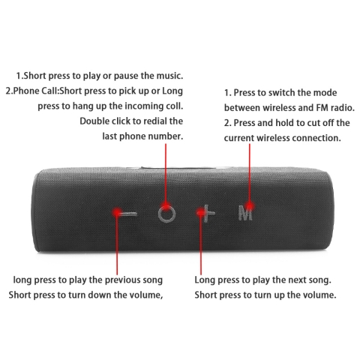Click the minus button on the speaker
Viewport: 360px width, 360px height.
click(127, 214)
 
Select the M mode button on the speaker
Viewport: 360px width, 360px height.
click(245, 213)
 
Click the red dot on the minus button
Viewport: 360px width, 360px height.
click(116, 213)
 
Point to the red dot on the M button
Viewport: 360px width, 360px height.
click(249, 206)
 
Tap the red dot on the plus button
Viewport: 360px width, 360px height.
click(201, 212)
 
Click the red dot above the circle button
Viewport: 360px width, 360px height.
click(166, 205)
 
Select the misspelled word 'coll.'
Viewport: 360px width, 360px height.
click(175, 106)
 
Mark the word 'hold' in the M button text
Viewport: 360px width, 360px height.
click(284, 123)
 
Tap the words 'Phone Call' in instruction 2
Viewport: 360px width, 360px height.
click(35, 91)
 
